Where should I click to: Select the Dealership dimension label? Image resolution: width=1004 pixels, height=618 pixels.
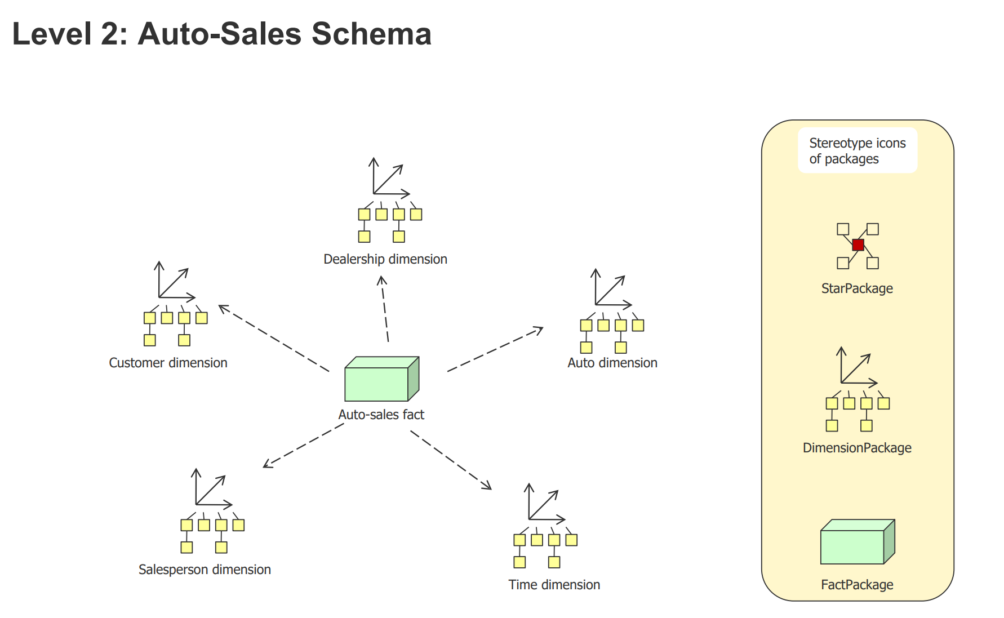click(x=385, y=259)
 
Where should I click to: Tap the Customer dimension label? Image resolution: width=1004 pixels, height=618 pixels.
click(x=168, y=363)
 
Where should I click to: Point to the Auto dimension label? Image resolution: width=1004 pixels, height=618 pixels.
click(x=612, y=363)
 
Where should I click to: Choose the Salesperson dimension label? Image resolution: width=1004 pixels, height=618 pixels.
click(x=205, y=570)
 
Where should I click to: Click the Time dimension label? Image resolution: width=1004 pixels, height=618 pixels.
click(x=554, y=585)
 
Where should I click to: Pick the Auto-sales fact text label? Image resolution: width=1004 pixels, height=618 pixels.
click(x=381, y=415)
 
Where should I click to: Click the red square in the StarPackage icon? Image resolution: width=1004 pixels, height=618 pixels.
click(x=858, y=245)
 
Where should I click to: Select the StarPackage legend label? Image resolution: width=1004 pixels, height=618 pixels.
click(x=857, y=288)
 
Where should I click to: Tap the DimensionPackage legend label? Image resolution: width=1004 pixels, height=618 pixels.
click(x=857, y=448)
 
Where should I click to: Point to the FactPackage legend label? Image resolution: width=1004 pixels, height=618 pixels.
click(x=857, y=585)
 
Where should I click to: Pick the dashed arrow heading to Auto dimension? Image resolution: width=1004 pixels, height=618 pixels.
click(x=495, y=350)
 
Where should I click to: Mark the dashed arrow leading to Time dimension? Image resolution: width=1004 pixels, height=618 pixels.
click(x=451, y=460)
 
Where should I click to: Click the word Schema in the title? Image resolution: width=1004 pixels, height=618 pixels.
click(x=371, y=34)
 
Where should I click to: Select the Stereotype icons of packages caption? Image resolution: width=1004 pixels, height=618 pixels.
click(x=857, y=151)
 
